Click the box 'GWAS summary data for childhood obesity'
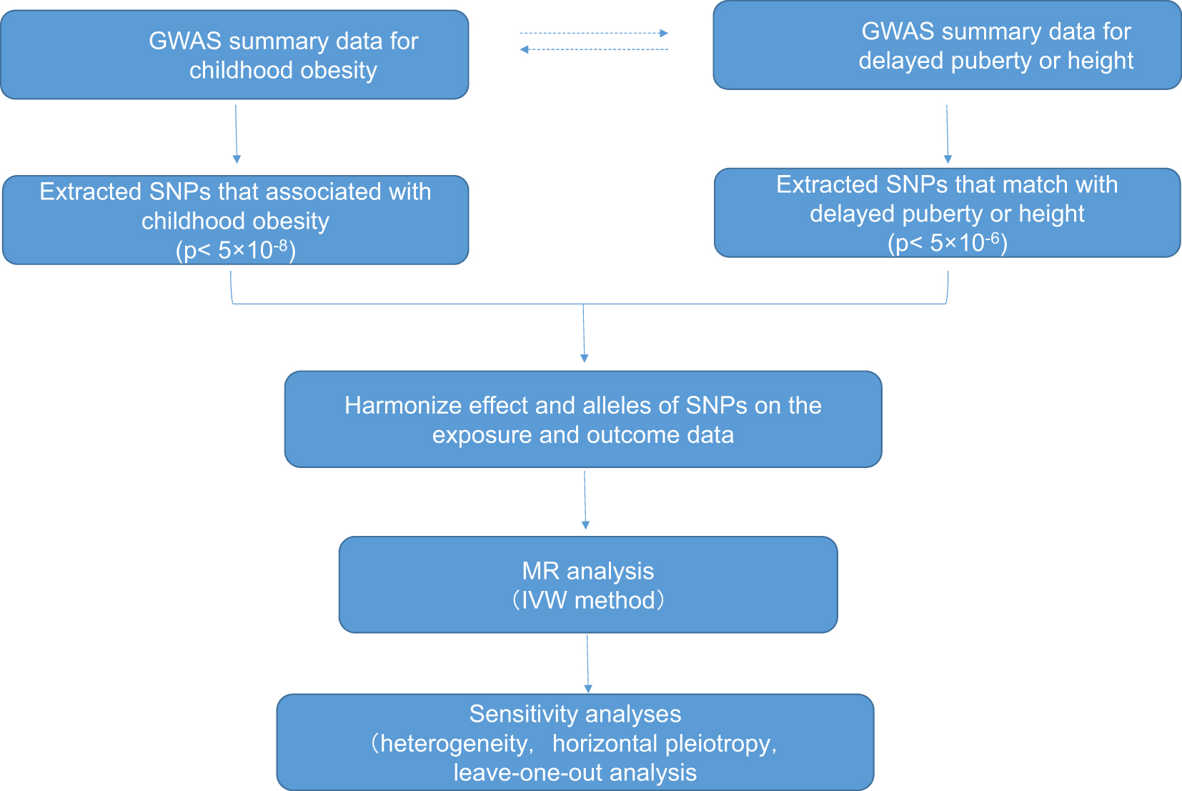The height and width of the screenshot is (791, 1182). tap(234, 55)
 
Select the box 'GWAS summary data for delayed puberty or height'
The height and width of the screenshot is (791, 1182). tap(947, 46)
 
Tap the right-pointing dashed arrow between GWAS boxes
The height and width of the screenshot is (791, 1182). tap(593, 33)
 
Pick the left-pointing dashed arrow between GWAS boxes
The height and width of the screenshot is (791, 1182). tap(593, 49)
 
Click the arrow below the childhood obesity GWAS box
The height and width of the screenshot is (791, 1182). tap(236, 134)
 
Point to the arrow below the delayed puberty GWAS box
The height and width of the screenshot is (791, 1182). tap(948, 134)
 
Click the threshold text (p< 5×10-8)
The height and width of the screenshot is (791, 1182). tap(236, 250)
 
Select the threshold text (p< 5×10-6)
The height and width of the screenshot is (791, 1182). tap(948, 243)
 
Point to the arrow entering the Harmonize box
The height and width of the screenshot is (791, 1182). tap(584, 333)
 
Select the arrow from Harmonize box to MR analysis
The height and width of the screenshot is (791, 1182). tap(585, 499)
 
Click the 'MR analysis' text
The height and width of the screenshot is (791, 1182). tap(588, 571)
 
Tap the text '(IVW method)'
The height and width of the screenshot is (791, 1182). tap(588, 600)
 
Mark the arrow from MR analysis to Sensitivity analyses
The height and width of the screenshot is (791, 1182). tap(588, 664)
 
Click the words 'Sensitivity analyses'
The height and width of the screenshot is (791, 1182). tap(575, 714)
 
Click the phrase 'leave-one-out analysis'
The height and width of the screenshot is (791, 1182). tap(575, 773)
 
